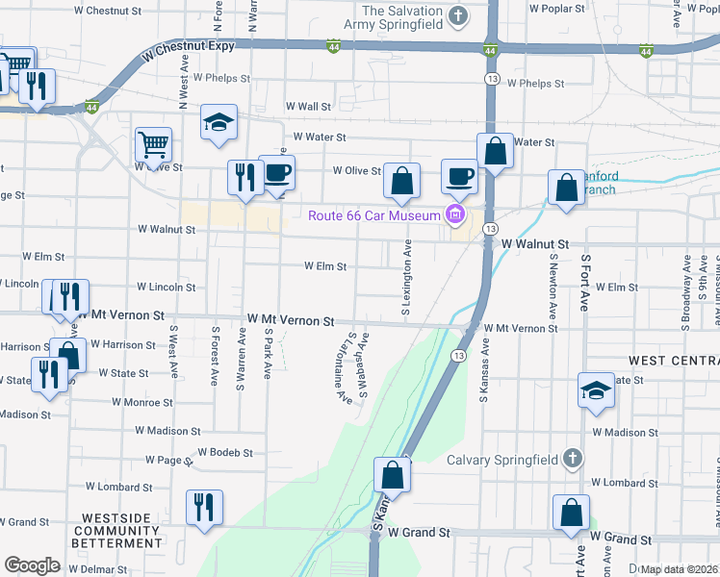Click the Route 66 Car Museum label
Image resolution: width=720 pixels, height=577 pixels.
(x=373, y=214)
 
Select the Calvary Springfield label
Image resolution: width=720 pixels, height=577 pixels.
(x=503, y=459)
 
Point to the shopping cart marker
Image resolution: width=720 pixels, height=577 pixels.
(x=153, y=145)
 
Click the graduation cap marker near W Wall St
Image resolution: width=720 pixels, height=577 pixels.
(x=219, y=122)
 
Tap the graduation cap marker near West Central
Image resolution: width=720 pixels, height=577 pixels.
(x=596, y=390)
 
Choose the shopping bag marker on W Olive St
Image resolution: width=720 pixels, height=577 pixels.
(x=401, y=180)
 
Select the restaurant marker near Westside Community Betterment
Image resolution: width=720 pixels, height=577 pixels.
(x=204, y=507)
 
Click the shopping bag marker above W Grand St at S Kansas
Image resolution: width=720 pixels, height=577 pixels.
(x=392, y=474)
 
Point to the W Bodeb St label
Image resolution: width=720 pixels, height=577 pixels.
(x=224, y=452)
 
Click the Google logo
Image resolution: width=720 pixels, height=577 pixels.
(x=32, y=564)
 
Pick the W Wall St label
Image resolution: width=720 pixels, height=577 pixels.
(x=308, y=107)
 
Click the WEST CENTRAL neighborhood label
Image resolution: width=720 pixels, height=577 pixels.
(x=673, y=360)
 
